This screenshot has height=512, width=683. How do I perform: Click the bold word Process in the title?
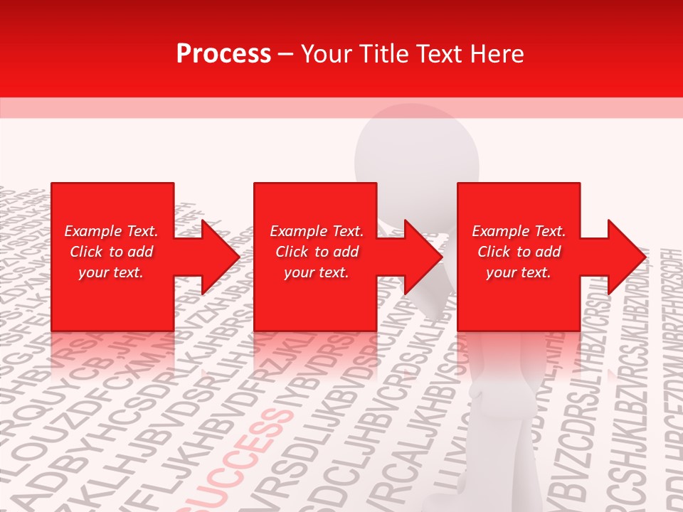tap(223, 54)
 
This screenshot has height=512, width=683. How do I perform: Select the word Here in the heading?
tap(497, 54)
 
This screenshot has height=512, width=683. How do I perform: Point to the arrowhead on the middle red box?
tap(419, 257)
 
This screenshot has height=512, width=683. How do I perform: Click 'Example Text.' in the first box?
tap(111, 231)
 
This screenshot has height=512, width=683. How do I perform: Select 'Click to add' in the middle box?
tap(317, 252)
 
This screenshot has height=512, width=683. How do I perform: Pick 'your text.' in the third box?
tap(519, 272)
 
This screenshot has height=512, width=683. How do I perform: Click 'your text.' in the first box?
tap(111, 272)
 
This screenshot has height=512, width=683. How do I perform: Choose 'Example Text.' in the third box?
tap(519, 231)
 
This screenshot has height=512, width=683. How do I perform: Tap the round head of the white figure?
tap(416, 153)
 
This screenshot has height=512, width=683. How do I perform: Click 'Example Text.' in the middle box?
tap(317, 231)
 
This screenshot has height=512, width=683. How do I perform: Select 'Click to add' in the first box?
tap(111, 252)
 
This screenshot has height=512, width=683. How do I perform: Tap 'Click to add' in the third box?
tap(519, 252)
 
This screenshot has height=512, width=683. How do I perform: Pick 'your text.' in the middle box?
tap(317, 272)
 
